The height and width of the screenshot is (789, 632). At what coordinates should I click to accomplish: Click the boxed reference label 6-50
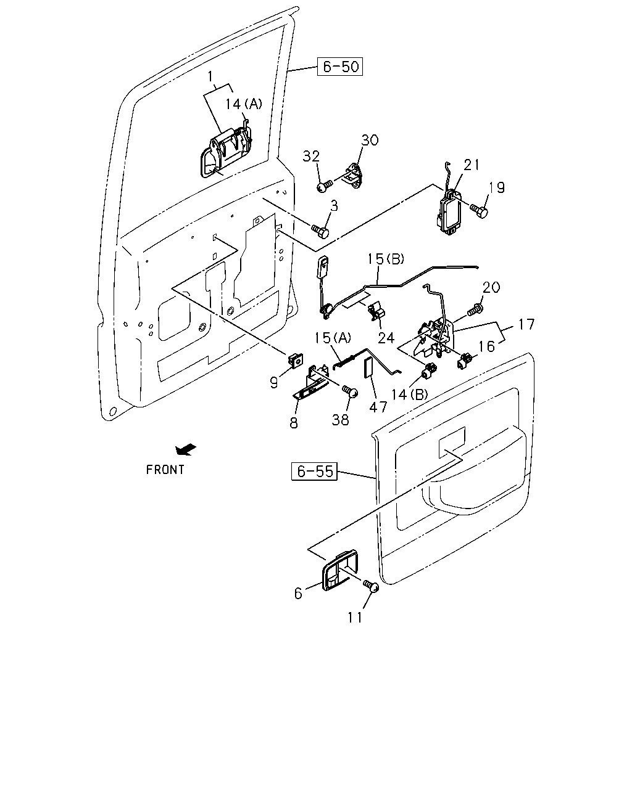point(339,67)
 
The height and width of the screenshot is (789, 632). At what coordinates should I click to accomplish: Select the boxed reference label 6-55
point(314,471)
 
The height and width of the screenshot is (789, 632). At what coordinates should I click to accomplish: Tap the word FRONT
point(165,470)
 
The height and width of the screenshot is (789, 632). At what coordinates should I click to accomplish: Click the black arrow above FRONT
point(186,449)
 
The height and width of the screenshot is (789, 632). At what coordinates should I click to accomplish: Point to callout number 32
point(311,157)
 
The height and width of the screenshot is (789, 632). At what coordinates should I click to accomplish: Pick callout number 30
point(370,140)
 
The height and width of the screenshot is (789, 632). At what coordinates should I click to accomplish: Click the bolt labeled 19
point(479,210)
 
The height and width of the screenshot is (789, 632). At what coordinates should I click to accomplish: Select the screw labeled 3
point(320,231)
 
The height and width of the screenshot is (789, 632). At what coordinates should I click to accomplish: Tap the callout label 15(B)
point(386,259)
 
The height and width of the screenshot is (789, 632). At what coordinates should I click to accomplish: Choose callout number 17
point(526,324)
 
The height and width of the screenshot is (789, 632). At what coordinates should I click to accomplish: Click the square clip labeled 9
point(296,360)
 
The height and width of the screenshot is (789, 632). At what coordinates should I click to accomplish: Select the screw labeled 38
point(350,391)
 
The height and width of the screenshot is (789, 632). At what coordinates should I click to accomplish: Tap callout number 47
point(378,407)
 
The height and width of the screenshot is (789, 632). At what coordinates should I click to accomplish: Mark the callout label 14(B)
point(409,395)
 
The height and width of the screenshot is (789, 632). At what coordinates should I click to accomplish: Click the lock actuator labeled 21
point(449,212)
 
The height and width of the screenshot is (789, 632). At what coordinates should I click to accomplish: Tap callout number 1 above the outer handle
point(210,76)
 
